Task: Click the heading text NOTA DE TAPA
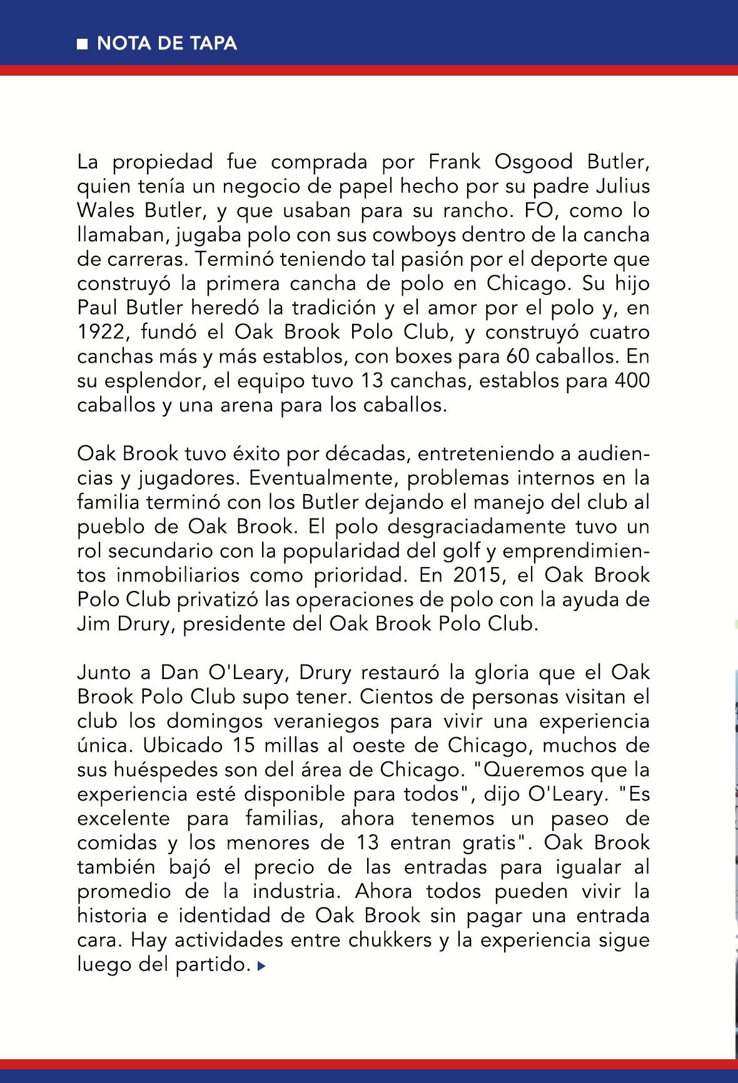166,43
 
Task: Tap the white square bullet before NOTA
82,44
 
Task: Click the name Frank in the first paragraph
454,161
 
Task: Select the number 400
633,381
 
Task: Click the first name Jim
91,624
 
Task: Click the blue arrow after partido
262,966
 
